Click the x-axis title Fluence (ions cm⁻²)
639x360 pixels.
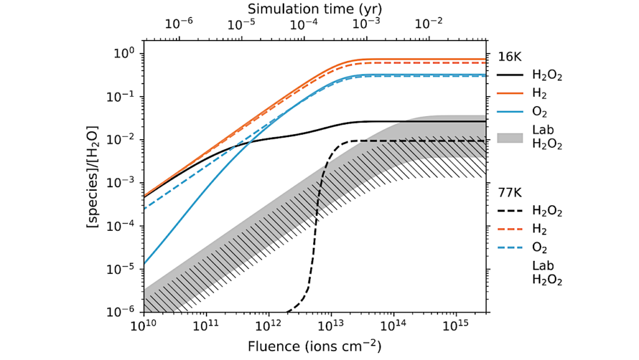[315, 345]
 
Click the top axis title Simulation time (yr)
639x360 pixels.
[314, 9]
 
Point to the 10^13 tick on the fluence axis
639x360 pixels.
[331, 311]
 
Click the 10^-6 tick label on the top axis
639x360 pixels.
[179, 24]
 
